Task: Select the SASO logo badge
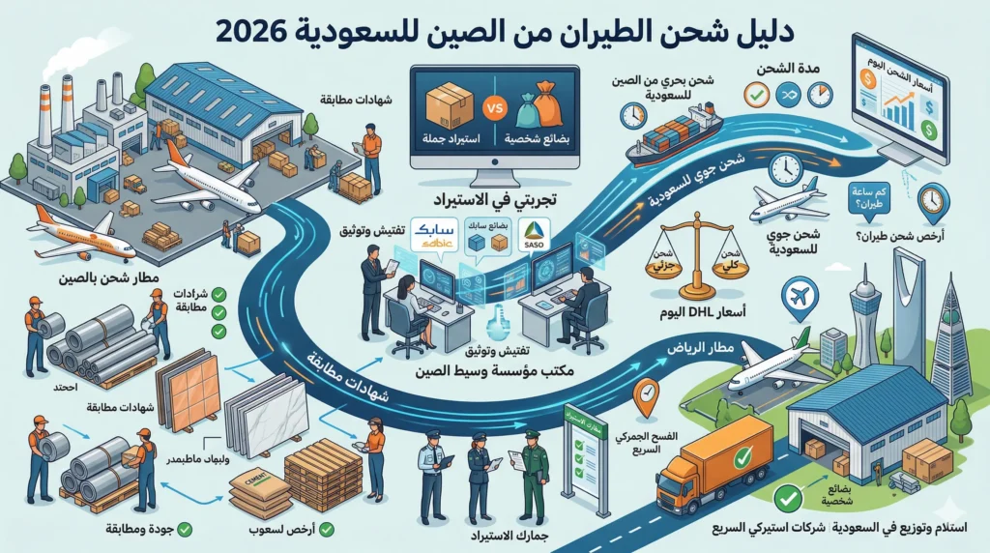coord(534,232)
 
